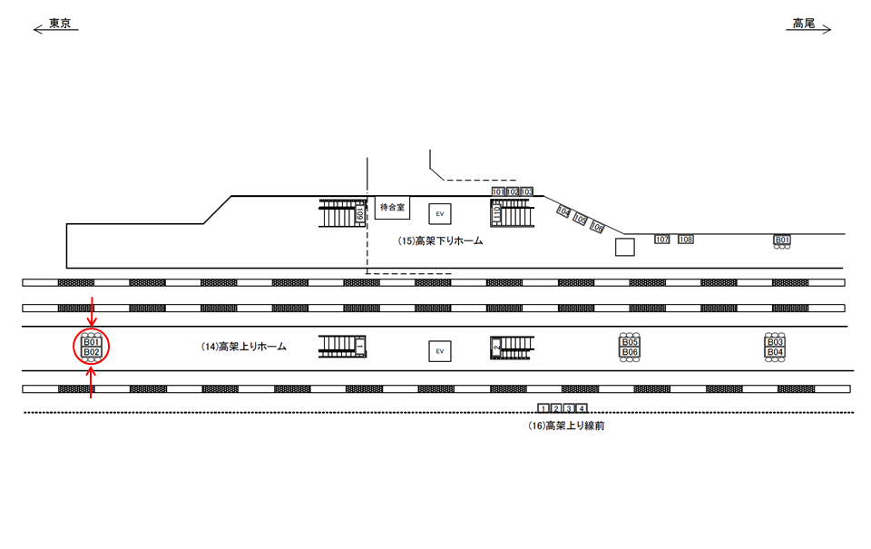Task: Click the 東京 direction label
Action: pos(61,23)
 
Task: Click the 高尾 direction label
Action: pos(803,23)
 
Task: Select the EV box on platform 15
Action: pos(440,213)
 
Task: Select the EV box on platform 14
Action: pos(440,350)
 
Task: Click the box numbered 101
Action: pos(498,192)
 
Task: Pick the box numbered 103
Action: pos(526,192)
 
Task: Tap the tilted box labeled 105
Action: pos(580,220)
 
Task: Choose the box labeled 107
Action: pos(661,240)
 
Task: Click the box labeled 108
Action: pos(686,240)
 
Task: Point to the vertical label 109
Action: pos(360,213)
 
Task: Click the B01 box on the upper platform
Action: pos(781,240)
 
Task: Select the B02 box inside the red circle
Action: pos(91,352)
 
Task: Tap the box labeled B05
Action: pos(631,342)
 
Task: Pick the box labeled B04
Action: pos(775,352)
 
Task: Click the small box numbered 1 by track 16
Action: pos(543,408)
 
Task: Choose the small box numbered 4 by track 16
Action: pos(582,408)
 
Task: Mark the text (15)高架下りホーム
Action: pos(441,241)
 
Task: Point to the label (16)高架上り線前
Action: pos(565,426)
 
